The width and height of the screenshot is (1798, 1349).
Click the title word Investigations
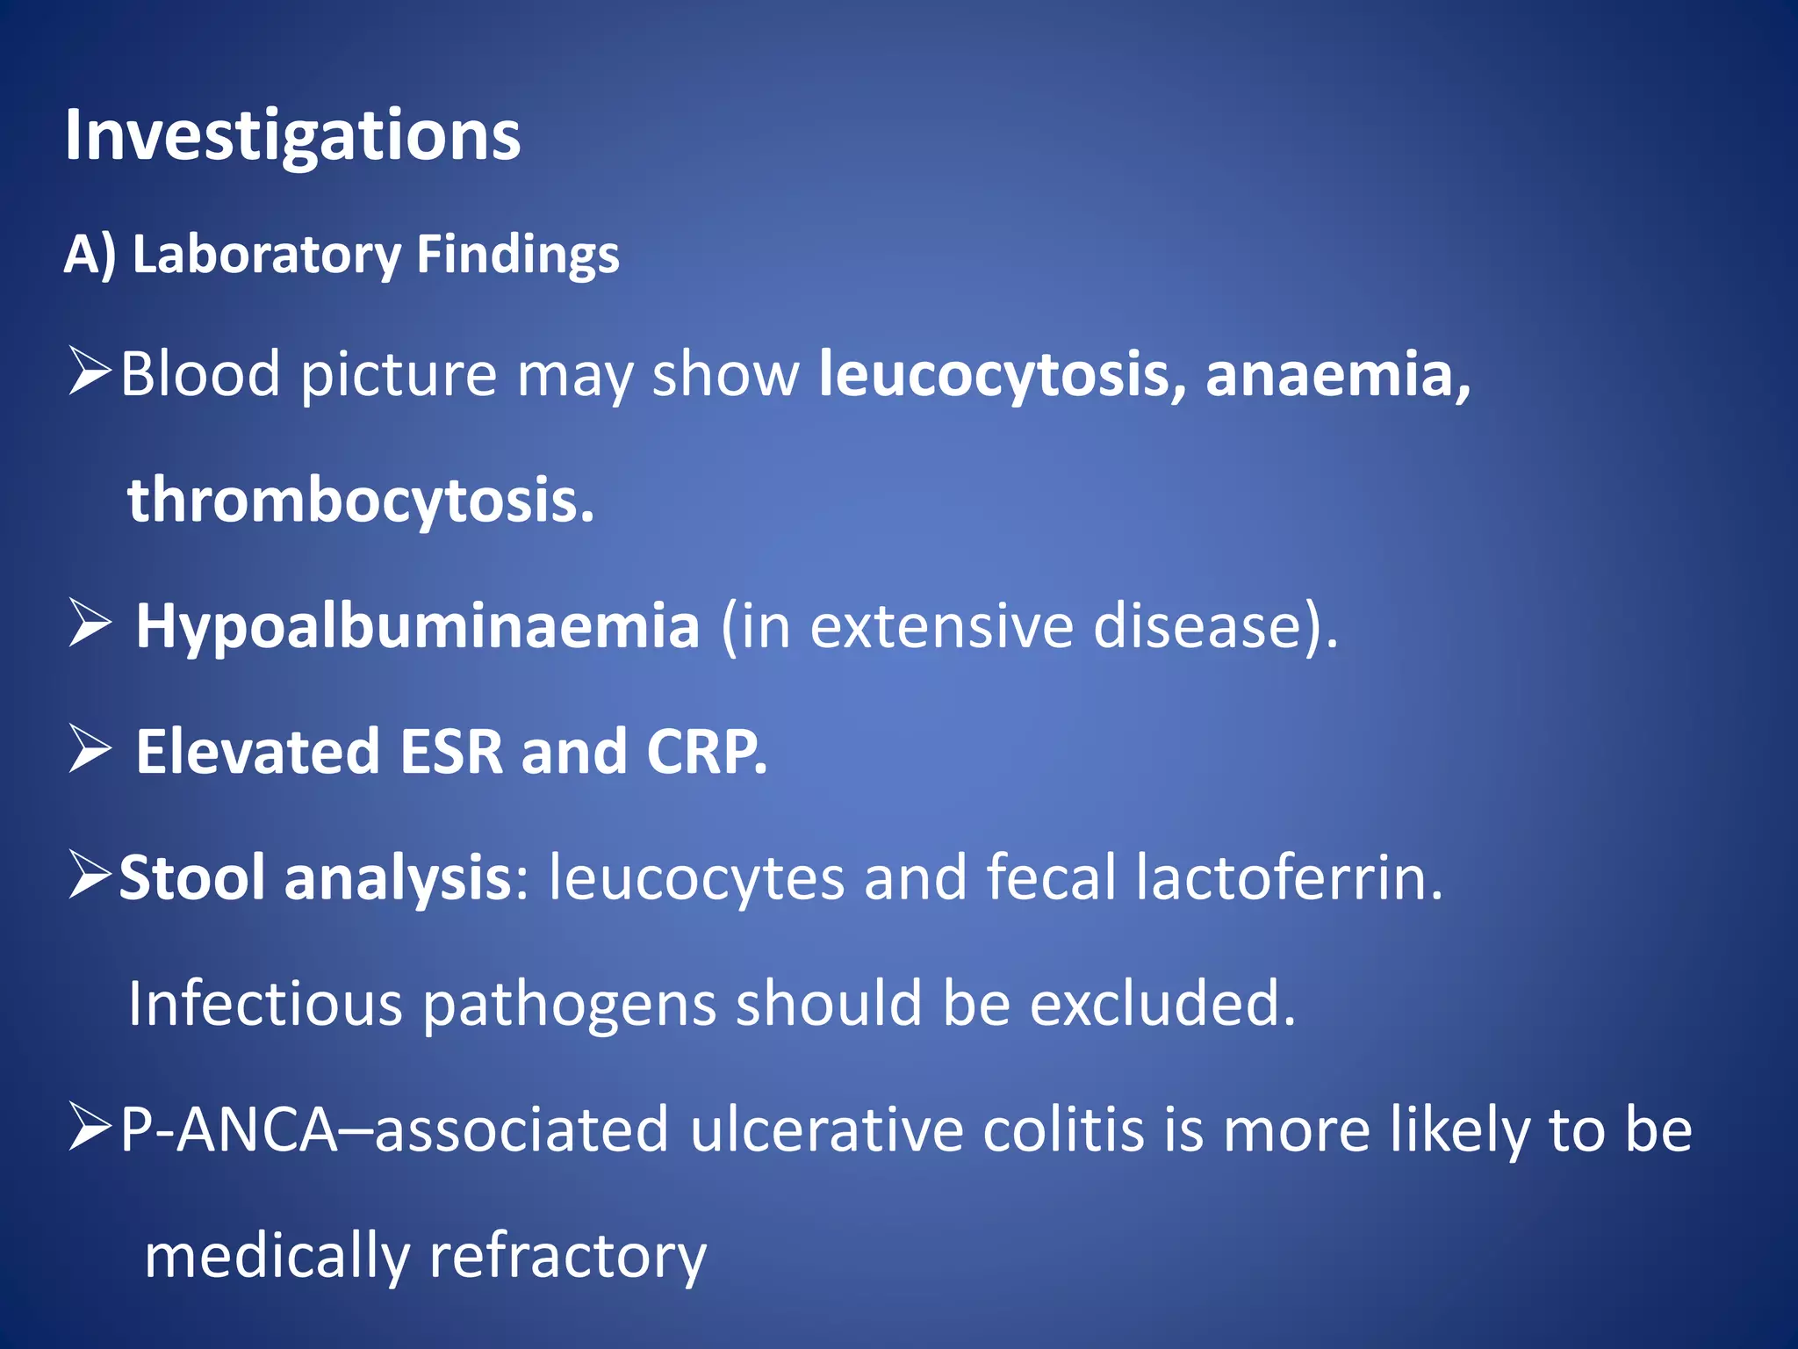click(292, 136)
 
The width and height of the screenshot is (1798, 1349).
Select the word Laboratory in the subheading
click(266, 255)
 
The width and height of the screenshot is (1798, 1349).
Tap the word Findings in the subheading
click(517, 255)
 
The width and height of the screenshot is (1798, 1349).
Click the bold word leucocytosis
click(1001, 375)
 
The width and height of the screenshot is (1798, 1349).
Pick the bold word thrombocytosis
click(361, 501)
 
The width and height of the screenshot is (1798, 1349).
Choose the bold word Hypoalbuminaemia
click(418, 626)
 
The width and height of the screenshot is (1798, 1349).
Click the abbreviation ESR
click(451, 753)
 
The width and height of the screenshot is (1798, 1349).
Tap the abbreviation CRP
click(706, 753)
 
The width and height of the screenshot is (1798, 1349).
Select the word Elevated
click(258, 753)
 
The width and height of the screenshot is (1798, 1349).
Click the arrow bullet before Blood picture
click(90, 372)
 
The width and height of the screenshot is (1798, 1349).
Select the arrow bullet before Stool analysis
click(90, 876)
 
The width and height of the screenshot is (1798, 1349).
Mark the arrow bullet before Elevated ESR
click(90, 750)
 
